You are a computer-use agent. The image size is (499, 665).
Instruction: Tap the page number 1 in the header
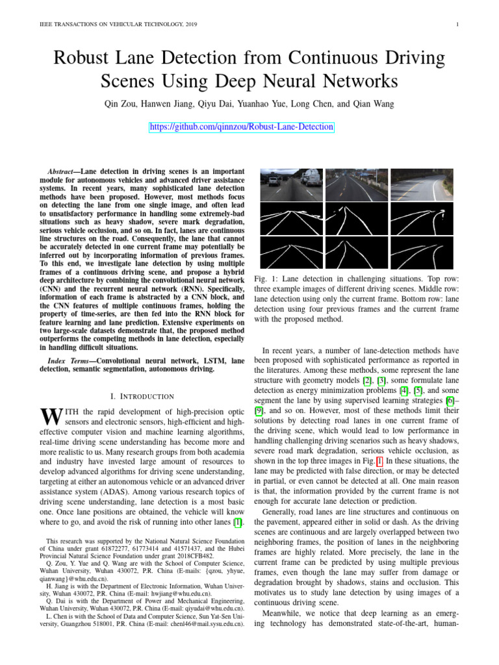click(458, 25)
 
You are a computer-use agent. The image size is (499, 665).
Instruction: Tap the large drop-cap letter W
click(50, 416)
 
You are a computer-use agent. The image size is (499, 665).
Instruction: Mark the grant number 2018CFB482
click(195, 557)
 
